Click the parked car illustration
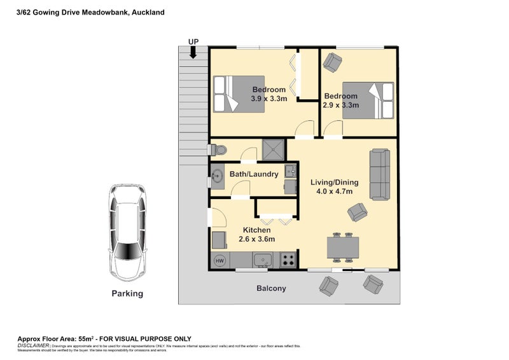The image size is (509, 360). click(x=127, y=232)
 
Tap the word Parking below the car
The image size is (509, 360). click(x=127, y=294)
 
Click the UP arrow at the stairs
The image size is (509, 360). click(x=193, y=51)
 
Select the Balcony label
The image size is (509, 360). click(x=271, y=288)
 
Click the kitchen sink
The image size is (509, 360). click(x=262, y=260)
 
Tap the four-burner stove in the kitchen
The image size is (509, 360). click(x=288, y=260)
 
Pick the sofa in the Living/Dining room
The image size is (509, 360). click(x=381, y=174)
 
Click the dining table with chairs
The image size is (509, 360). click(x=343, y=247)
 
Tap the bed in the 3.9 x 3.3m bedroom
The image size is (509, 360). click(x=238, y=94)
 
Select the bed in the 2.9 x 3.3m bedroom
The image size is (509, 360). click(x=367, y=99)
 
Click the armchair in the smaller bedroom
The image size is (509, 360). click(x=331, y=62)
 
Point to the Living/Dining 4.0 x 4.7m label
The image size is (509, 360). click(x=334, y=187)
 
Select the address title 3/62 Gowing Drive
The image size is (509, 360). click(x=90, y=12)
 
